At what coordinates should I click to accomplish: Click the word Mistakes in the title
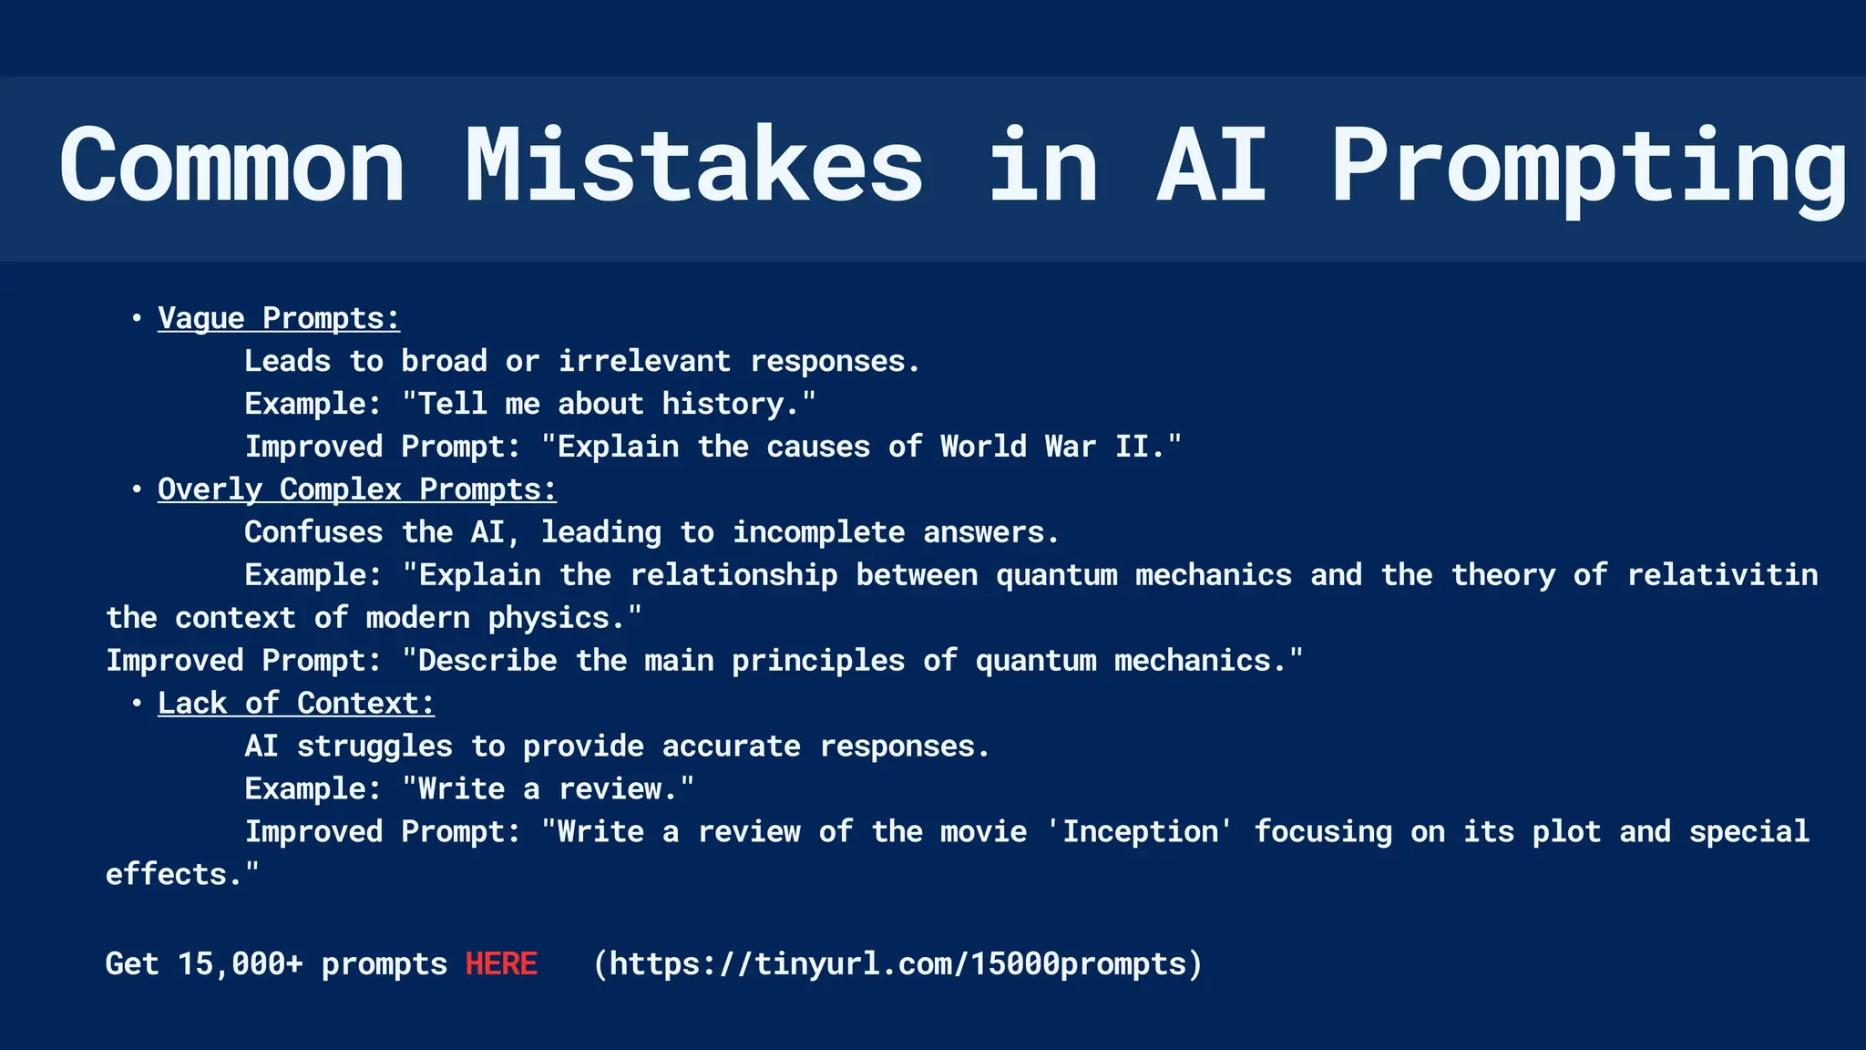pyautogui.click(x=694, y=166)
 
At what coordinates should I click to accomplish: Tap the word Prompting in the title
pyautogui.click(x=1589, y=168)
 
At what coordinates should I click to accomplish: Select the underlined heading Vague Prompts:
pyautogui.click(x=279, y=318)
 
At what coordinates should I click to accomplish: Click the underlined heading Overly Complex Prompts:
pyautogui.click(x=357, y=489)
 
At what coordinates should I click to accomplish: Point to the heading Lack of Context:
pyautogui.click(x=296, y=704)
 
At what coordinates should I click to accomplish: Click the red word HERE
pyautogui.click(x=501, y=963)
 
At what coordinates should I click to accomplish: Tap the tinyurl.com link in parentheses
pyautogui.click(x=897, y=963)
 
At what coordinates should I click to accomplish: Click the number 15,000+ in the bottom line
pyautogui.click(x=240, y=964)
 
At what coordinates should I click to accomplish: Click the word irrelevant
pyautogui.click(x=644, y=361)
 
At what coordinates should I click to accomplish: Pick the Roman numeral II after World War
pyautogui.click(x=1133, y=447)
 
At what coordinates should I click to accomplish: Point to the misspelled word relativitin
pyautogui.click(x=1722, y=575)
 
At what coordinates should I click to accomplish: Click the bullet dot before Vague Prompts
pyautogui.click(x=137, y=318)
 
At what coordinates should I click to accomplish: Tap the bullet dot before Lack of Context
pyautogui.click(x=137, y=704)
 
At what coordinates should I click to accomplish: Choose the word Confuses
pyautogui.click(x=313, y=532)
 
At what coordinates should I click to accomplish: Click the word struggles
pyautogui.click(x=374, y=746)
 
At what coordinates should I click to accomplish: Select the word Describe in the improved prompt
pyautogui.click(x=487, y=661)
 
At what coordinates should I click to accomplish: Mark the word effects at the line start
pyautogui.click(x=166, y=874)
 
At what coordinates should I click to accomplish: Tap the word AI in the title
pyautogui.click(x=1212, y=166)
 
